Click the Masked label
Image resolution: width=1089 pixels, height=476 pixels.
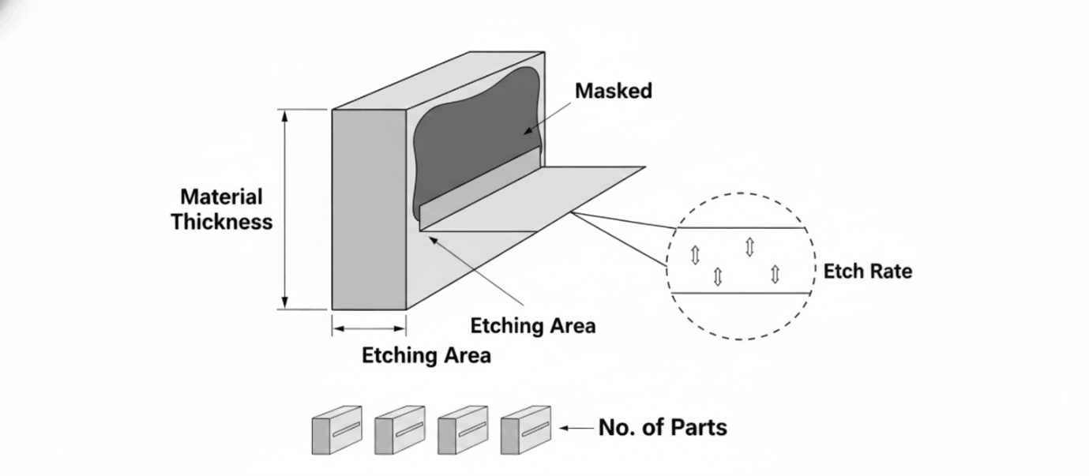click(x=613, y=91)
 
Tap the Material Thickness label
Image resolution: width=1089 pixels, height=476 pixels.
click(x=222, y=208)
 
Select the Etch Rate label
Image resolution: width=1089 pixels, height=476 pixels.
click(x=867, y=272)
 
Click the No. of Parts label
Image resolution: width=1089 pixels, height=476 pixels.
click(x=663, y=428)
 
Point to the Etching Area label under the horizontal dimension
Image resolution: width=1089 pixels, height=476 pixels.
click(x=426, y=355)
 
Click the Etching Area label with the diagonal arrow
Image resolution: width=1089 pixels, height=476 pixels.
click(x=532, y=325)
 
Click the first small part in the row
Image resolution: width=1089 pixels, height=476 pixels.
click(x=336, y=430)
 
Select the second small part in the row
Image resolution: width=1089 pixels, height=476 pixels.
click(x=400, y=430)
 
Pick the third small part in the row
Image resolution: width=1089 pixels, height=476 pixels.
click(x=463, y=430)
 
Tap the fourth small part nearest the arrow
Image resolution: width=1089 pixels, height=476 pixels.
click(x=525, y=430)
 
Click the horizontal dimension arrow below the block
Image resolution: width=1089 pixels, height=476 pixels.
click(x=369, y=327)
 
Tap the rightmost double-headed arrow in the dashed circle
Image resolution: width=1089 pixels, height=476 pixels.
click(x=775, y=274)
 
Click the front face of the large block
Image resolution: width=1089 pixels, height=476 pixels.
click(x=369, y=209)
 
